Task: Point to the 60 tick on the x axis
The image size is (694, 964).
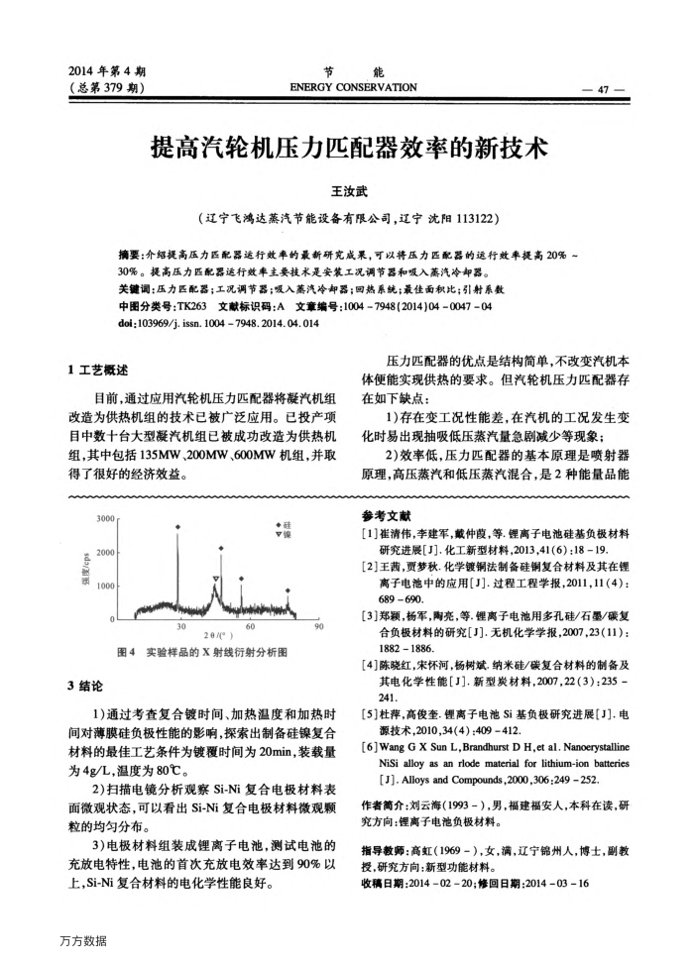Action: tap(250, 626)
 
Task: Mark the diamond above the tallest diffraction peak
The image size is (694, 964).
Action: tap(177, 527)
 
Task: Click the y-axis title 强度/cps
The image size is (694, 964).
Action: tap(87, 569)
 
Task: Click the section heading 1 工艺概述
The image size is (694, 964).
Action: tap(97, 371)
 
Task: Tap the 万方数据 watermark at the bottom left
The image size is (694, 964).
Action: tap(82, 939)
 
